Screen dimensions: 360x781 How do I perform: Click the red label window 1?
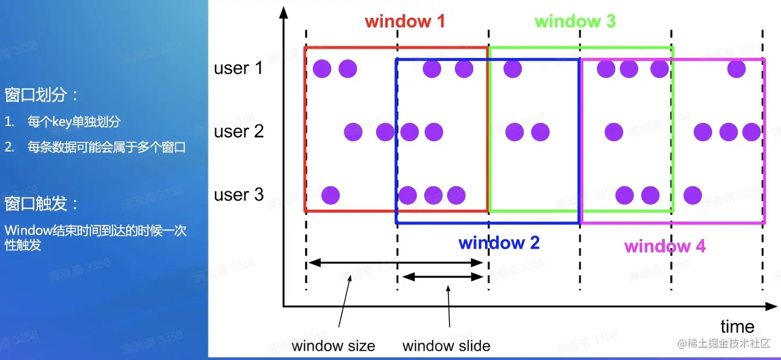(x=405, y=22)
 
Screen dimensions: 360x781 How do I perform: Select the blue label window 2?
(x=499, y=242)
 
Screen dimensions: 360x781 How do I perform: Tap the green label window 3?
(x=575, y=22)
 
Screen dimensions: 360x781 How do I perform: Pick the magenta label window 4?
(x=665, y=246)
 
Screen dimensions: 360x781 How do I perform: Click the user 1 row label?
(x=238, y=68)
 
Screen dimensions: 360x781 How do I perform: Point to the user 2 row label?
(x=239, y=132)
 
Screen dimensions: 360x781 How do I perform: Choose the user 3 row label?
(x=239, y=195)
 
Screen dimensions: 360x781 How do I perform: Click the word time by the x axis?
(x=737, y=326)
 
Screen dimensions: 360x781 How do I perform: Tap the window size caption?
(x=333, y=346)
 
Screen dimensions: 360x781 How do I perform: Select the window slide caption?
(x=446, y=346)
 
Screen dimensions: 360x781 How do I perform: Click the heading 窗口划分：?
(x=42, y=95)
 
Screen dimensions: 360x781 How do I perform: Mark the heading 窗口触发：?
(x=42, y=204)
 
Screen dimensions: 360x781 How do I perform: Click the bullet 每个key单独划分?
(x=74, y=122)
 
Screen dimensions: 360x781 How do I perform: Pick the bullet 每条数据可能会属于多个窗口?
(x=107, y=147)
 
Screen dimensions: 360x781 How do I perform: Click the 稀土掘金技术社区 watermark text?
(x=724, y=343)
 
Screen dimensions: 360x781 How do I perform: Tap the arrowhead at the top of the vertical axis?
(x=283, y=11)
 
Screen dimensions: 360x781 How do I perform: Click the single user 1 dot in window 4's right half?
(x=736, y=69)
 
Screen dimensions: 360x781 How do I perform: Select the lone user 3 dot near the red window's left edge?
(x=330, y=195)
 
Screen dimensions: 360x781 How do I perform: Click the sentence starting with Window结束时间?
(x=96, y=237)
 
